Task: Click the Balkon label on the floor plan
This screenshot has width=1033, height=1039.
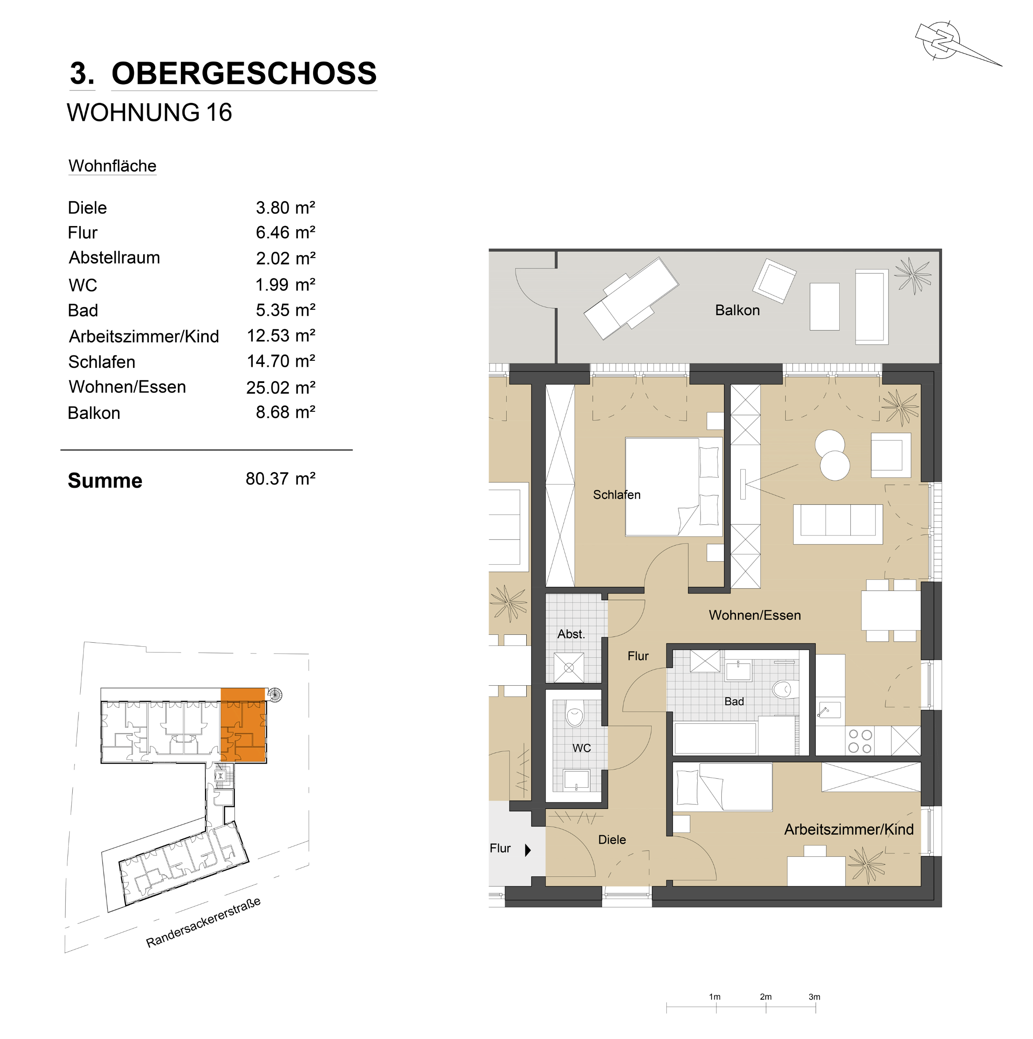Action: coord(737,310)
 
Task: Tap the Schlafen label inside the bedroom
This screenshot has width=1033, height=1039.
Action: coord(617,495)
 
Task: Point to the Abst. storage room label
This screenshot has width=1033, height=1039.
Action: coord(571,634)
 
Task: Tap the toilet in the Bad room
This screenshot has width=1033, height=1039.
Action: coord(783,689)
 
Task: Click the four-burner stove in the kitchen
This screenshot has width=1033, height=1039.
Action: coord(860,741)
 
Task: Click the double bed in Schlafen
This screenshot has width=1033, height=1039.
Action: coord(673,487)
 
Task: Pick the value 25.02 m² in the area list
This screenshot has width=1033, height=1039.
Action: coord(281,387)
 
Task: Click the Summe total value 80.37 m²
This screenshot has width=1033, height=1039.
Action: coord(281,479)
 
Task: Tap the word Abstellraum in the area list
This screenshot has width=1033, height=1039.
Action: coord(114,258)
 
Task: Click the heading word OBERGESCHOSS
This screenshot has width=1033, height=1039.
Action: coord(244,74)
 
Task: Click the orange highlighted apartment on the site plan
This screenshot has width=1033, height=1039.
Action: coord(243,725)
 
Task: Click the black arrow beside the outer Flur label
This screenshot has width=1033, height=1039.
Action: coord(528,850)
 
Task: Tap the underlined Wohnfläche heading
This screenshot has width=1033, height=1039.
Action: coord(113,166)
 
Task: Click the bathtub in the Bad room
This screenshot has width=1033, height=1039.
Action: coord(715,738)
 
